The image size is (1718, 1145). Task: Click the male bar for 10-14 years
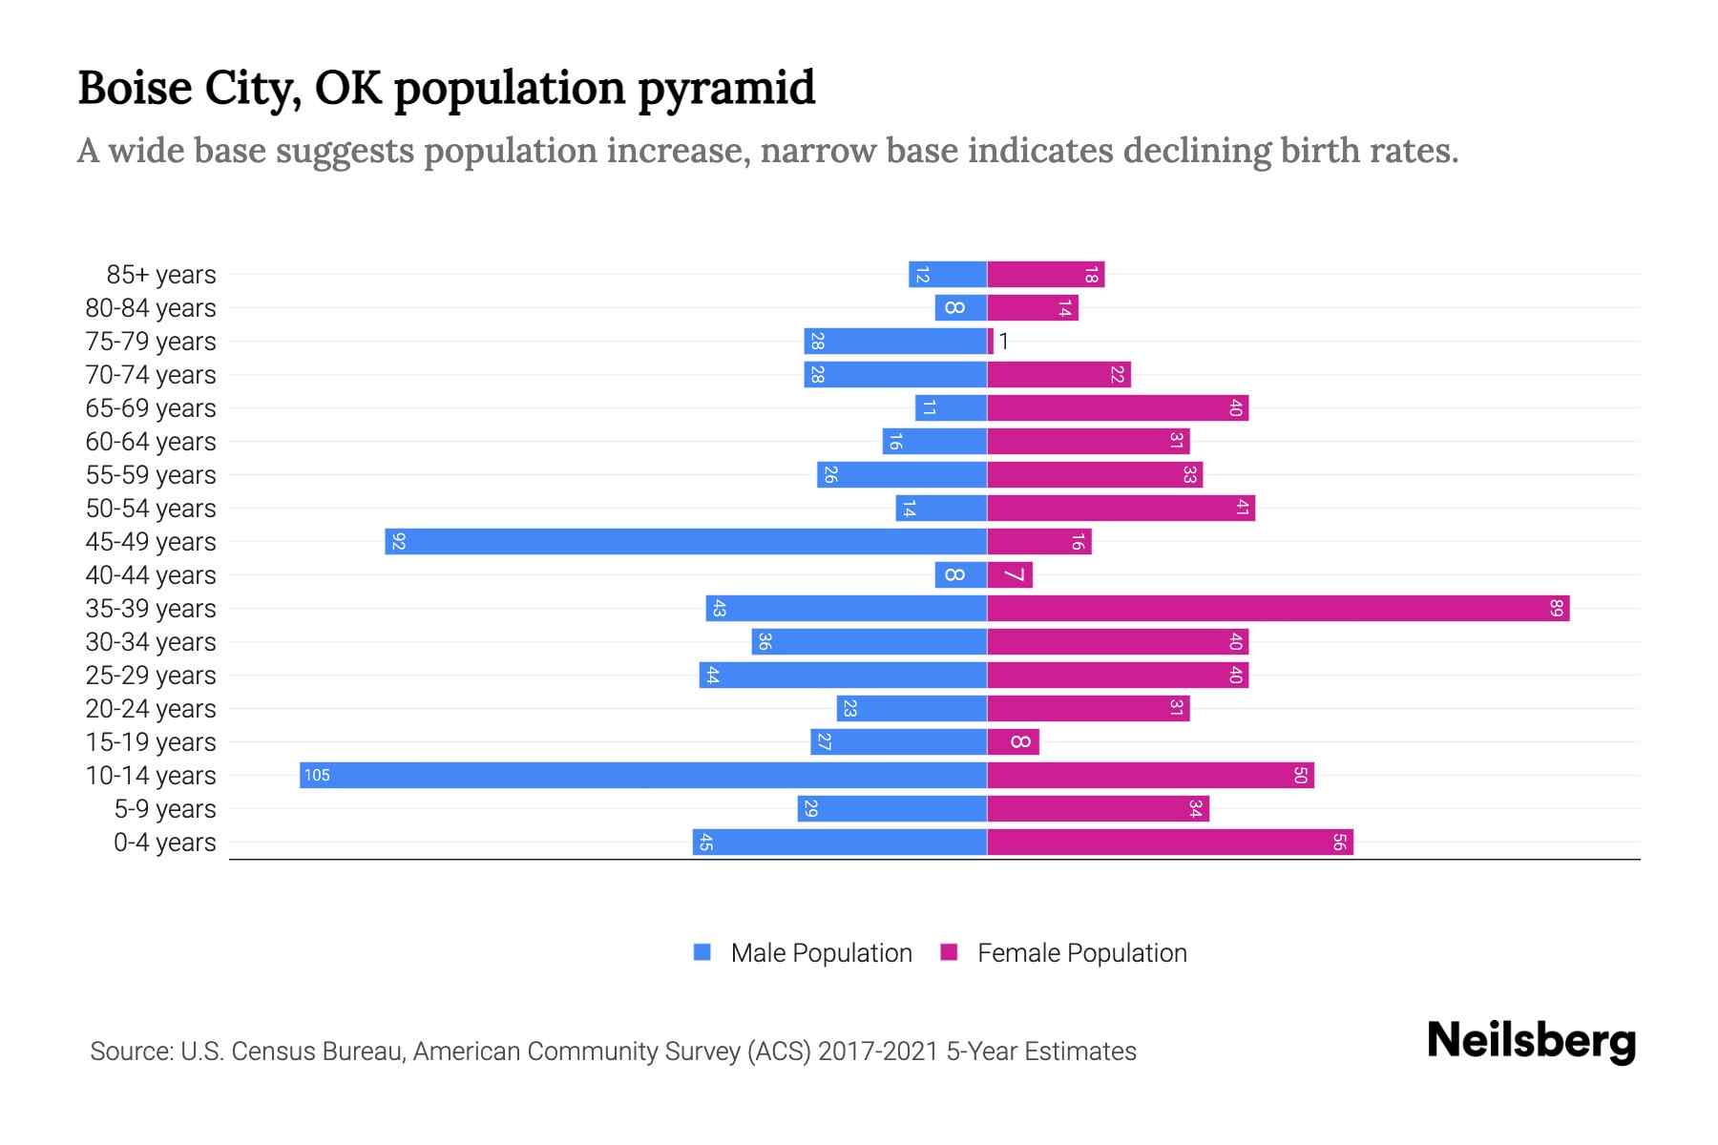pyautogui.click(x=642, y=775)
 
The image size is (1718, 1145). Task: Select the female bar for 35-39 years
pyautogui.click(x=1277, y=608)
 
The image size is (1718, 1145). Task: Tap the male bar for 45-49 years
pyautogui.click(x=685, y=541)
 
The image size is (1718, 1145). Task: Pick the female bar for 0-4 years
pyautogui.click(x=1169, y=842)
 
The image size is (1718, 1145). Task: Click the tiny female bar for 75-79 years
pyautogui.click(x=991, y=341)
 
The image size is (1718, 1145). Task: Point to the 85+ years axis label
pyautogui.click(x=161, y=275)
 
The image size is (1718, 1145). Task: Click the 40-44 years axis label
pyautogui.click(x=151, y=575)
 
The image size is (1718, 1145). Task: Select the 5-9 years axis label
pyautogui.click(x=165, y=809)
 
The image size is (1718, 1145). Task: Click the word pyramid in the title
pyautogui.click(x=726, y=88)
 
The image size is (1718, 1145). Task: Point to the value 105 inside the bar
pyautogui.click(x=317, y=775)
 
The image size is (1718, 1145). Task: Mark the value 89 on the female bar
pyautogui.click(x=1556, y=608)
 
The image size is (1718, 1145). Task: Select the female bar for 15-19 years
pyautogui.click(x=1013, y=741)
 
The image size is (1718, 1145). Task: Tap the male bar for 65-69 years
pyautogui.click(x=951, y=407)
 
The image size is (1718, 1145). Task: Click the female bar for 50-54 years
pyautogui.click(x=1121, y=508)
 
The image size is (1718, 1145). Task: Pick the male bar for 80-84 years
pyautogui.click(x=960, y=307)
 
